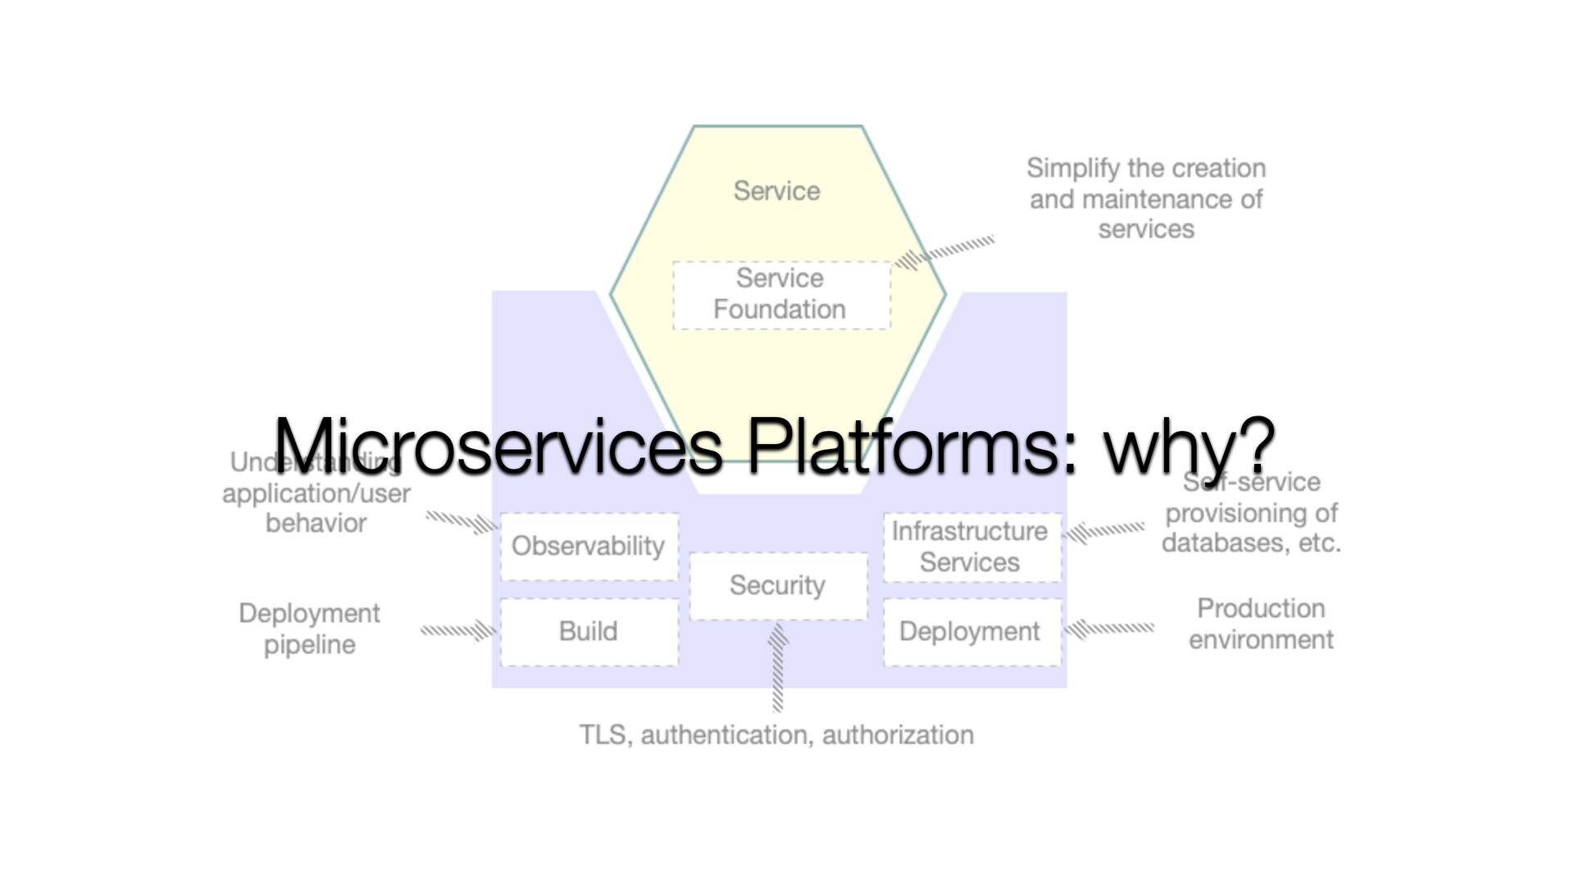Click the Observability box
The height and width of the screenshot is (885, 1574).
[x=589, y=547]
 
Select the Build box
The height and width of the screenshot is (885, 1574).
[x=589, y=632]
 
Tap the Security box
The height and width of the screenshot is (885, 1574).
[x=778, y=586]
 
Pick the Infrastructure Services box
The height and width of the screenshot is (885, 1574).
[x=971, y=547]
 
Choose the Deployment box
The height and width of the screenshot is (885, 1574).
[x=971, y=632]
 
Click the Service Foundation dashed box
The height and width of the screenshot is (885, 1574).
[x=780, y=295]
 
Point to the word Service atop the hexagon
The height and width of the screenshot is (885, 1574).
[x=776, y=191]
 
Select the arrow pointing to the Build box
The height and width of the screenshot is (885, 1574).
[x=457, y=630]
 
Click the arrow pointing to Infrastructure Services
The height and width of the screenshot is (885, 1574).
[x=1103, y=532]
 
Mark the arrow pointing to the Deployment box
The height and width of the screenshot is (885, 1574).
[x=1108, y=629]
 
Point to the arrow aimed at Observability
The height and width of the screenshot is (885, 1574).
[x=462, y=521]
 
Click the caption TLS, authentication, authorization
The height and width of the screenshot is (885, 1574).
[x=776, y=735]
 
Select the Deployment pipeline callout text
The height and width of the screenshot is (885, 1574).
[x=309, y=629]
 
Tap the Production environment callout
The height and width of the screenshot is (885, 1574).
[x=1261, y=624]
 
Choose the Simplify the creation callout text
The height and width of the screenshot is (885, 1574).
[x=1146, y=198]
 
